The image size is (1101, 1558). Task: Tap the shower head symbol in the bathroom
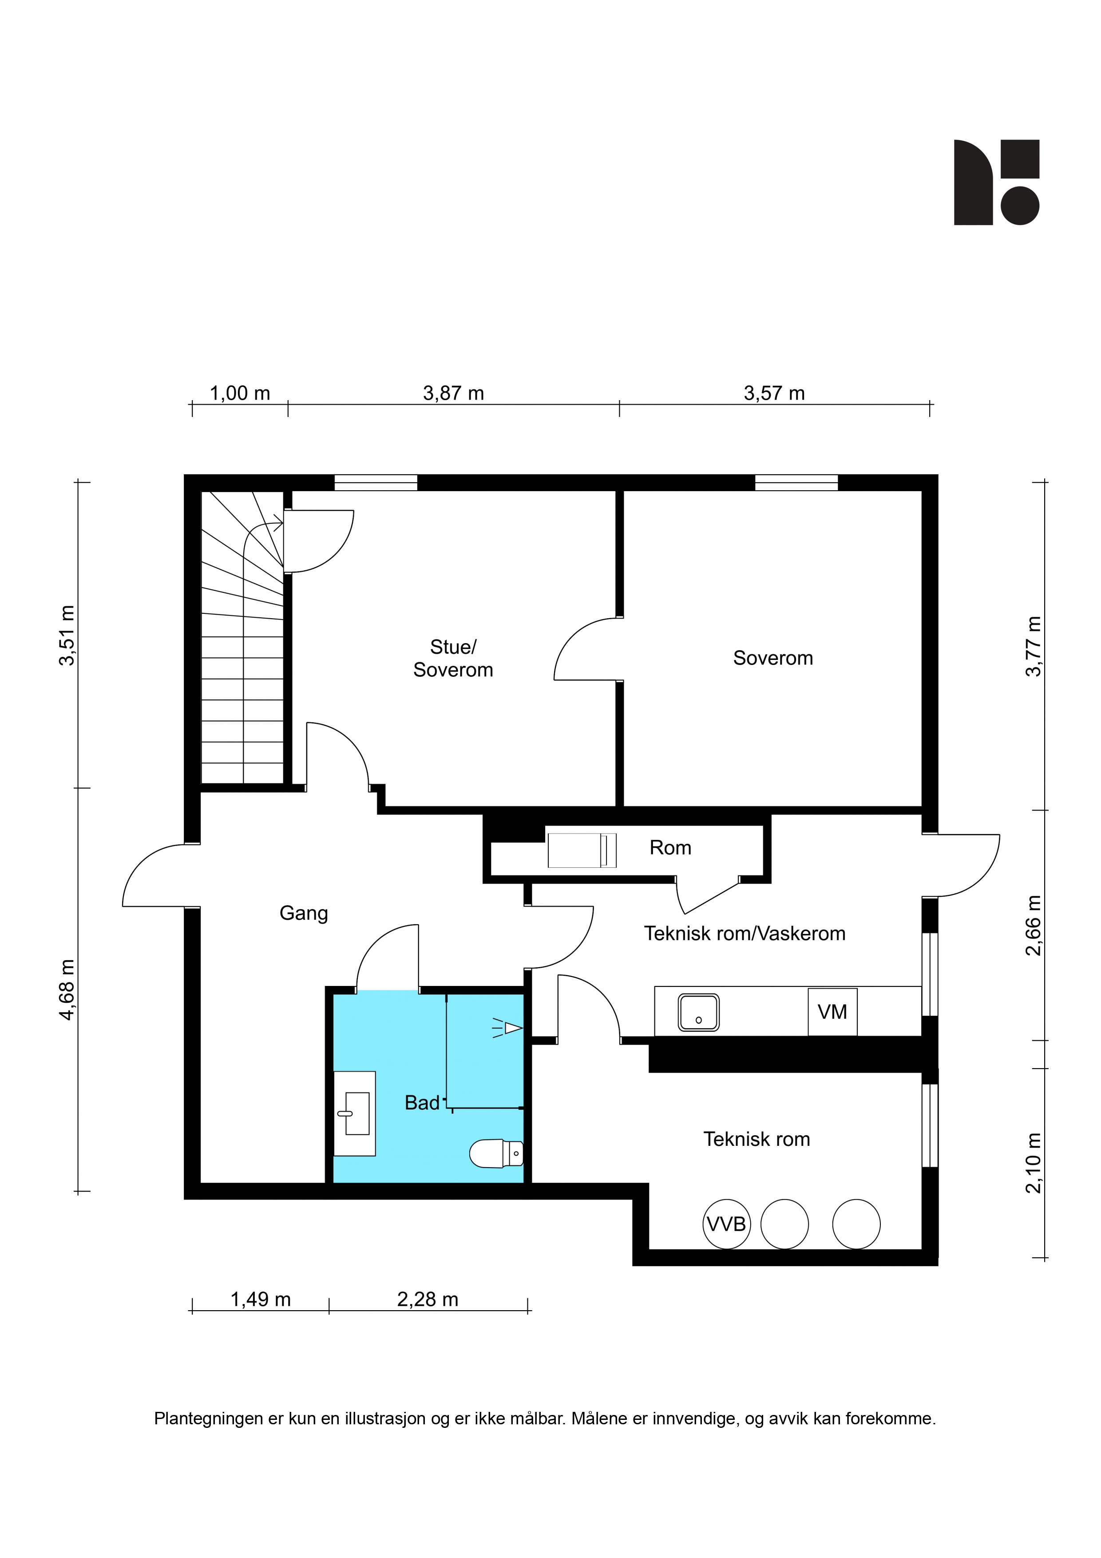point(507,1028)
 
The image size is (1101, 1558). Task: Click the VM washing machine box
point(832,1012)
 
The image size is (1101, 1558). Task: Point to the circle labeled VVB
point(727,1224)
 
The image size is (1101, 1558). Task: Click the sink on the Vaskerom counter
point(699,1013)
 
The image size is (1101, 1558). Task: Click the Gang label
point(304,914)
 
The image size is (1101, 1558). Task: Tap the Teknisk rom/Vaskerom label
point(745,934)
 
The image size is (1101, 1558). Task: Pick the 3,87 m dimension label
point(453,393)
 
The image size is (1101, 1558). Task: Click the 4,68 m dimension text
point(67,990)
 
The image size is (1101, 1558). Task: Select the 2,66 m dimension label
point(1033,926)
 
